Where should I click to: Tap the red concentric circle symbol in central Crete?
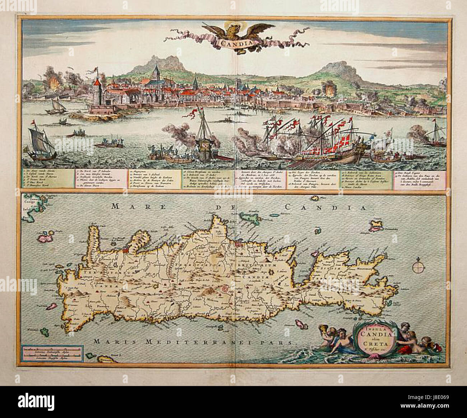226,288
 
